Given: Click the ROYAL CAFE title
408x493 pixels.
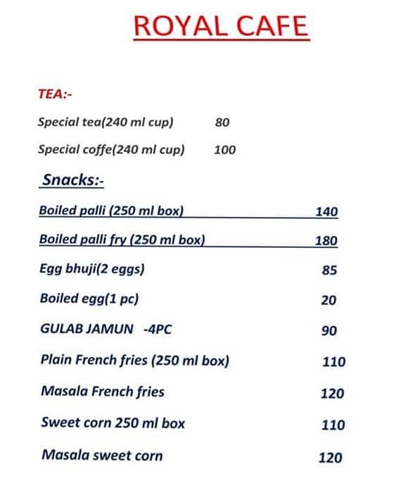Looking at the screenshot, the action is pos(220,26).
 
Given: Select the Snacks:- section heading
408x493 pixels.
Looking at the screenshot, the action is pos(73,180).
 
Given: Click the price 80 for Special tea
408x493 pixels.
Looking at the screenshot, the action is pos(222,123).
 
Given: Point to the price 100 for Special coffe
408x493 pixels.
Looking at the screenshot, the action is pos(224,149).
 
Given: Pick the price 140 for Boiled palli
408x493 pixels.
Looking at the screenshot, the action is pos(326,211).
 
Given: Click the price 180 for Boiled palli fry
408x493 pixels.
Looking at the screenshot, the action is pos(326,241).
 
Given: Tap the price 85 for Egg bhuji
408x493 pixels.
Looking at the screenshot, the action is pos(329,270).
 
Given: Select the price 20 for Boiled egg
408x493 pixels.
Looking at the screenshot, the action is pos(329,301).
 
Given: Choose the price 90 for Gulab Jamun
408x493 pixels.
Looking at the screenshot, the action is pos(329,331).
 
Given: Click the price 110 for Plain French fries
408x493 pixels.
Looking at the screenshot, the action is pos(333,362).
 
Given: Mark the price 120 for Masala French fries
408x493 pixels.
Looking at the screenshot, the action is pos(332,394).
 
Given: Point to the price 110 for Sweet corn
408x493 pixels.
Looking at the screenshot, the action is pos(333,425).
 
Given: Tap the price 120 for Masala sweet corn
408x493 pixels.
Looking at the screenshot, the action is pos(330,458).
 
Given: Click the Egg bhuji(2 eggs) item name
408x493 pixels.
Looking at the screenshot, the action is pos(96,269).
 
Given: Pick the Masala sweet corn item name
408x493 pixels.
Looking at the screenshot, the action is pos(102,456).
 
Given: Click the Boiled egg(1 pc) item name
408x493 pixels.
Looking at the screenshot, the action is pos(89,299).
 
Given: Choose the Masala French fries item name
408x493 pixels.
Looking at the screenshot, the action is pos(103,392).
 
